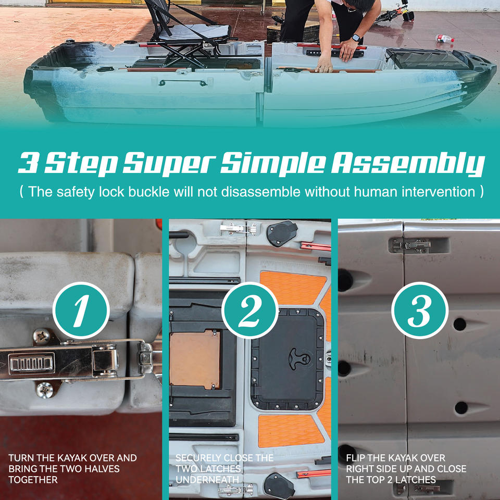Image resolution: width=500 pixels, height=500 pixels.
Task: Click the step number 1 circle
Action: click(81, 310)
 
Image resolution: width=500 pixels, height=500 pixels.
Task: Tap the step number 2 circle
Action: click(250, 310)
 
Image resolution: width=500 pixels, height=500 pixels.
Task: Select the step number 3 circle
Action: click(420, 310)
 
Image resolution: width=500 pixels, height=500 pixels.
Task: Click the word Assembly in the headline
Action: click(408, 163)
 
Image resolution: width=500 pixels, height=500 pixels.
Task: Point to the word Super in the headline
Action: click(169, 163)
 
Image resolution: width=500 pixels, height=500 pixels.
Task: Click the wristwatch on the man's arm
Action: click(356, 38)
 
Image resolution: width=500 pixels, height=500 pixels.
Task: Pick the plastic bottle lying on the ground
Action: click(444, 39)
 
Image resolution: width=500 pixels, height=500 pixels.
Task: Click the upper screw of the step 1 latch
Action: click(42, 337)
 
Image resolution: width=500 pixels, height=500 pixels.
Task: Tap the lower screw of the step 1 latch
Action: click(45, 390)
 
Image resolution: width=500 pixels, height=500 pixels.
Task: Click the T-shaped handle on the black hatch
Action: click(299, 358)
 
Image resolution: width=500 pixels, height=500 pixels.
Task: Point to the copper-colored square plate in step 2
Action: click(194, 360)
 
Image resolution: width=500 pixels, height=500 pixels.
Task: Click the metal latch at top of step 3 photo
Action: click(411, 246)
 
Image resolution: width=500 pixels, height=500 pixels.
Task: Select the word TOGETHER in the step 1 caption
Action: click(33, 480)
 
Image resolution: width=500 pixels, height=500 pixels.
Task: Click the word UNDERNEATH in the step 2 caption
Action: click(207, 480)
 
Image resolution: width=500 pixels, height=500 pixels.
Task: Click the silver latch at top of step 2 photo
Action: click(238, 229)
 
